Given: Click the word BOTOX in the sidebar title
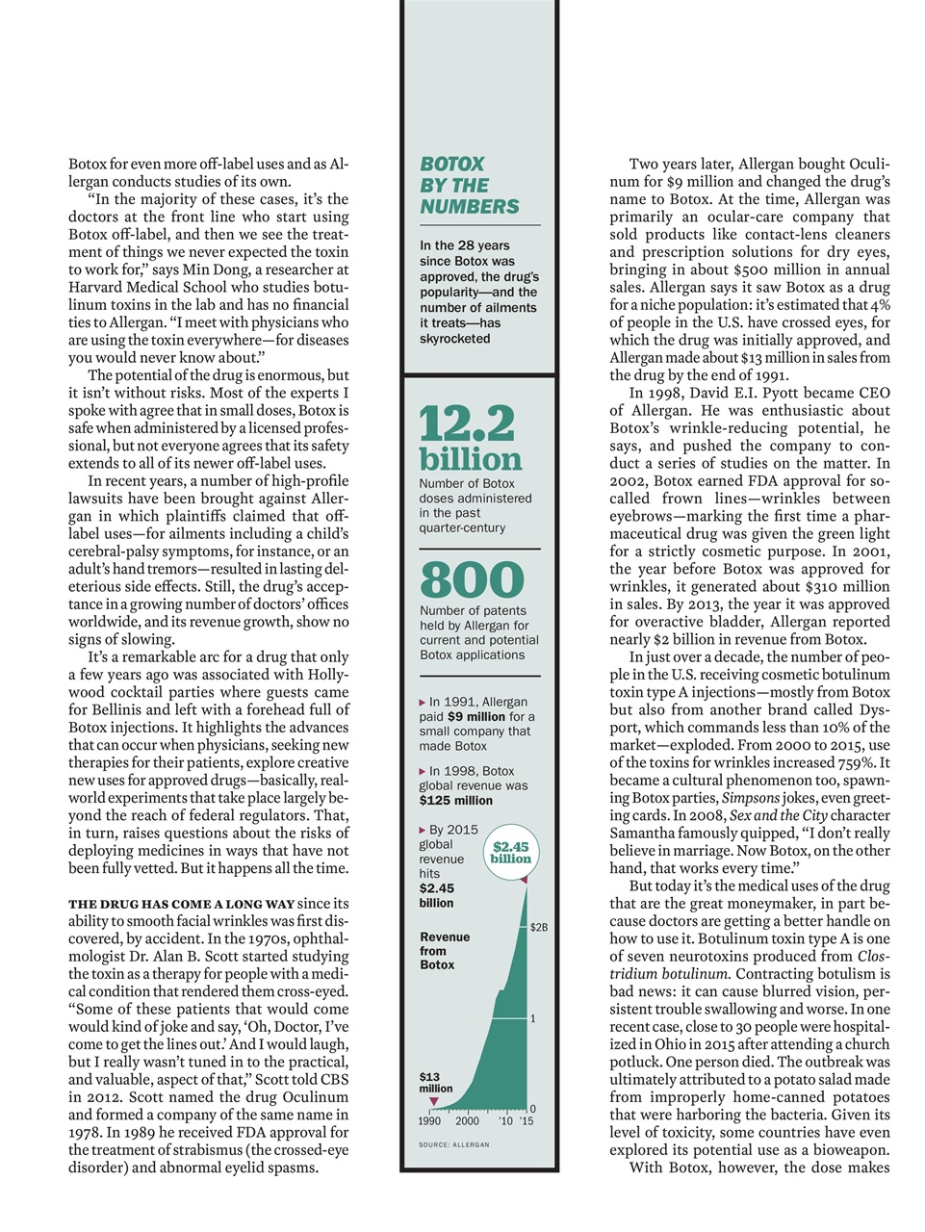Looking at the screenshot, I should click(452, 165).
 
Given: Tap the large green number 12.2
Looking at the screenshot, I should click(467, 424).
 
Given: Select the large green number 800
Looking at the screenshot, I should click(472, 579).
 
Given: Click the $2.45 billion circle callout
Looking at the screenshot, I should click(510, 853).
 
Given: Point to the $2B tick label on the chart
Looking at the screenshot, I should click(539, 928).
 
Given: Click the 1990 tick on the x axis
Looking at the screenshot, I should click(429, 1121).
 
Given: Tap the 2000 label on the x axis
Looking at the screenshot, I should click(467, 1121).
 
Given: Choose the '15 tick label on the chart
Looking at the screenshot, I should click(526, 1121).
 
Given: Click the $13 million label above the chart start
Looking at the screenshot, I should click(435, 1083).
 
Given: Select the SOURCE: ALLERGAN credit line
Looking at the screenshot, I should click(454, 1145).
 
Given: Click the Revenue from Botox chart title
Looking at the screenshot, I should click(445, 951).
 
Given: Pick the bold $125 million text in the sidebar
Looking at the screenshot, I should click(456, 801).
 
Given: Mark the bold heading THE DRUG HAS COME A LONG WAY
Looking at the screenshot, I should click(181, 905).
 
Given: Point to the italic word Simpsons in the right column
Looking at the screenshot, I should click(751, 798).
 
